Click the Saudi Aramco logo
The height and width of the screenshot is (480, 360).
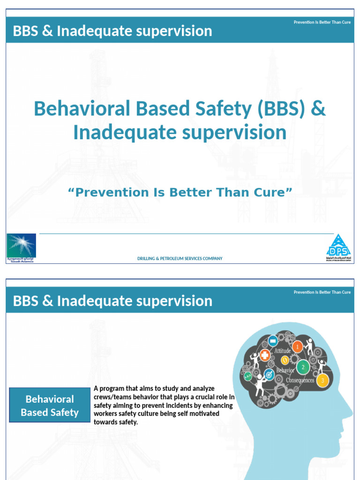pyautogui.click(x=21, y=247)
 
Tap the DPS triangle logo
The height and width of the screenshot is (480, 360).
pyautogui.click(x=338, y=247)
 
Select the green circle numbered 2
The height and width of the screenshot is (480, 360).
pyautogui.click(x=303, y=367)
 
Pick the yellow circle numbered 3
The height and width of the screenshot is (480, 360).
pyautogui.click(x=322, y=380)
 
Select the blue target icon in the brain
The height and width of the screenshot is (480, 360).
pyautogui.click(x=269, y=374)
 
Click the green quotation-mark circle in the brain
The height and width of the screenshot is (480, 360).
pyautogui.click(x=247, y=376)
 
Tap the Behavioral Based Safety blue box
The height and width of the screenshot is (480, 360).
pyautogui.click(x=50, y=406)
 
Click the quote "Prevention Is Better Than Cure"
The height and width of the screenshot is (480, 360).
pyautogui.click(x=180, y=192)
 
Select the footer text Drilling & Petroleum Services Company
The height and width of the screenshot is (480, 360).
pyautogui.click(x=180, y=258)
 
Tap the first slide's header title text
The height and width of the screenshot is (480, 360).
pyautogui.click(x=112, y=31)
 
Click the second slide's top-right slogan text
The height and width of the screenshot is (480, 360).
pyautogui.click(x=322, y=292)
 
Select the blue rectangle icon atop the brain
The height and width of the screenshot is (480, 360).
pyautogui.click(x=272, y=341)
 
